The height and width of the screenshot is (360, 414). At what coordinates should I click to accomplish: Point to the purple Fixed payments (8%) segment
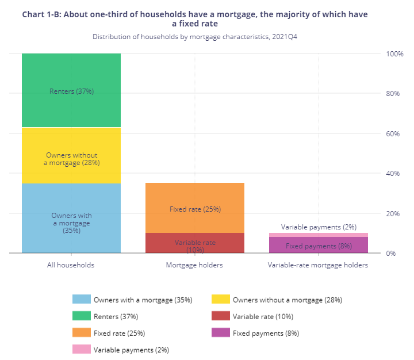click(319, 246)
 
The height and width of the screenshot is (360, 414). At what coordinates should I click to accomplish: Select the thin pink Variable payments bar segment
click(319, 235)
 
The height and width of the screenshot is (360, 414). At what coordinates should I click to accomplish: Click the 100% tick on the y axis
click(394, 54)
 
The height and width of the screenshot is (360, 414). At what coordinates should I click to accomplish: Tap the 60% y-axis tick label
click(393, 134)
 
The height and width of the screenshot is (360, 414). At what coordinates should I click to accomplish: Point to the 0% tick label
click(391, 254)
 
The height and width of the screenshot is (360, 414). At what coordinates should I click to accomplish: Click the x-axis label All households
click(71, 266)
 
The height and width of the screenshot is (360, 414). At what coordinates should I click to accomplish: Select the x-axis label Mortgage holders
click(194, 266)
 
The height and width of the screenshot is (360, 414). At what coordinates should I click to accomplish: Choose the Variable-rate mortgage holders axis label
click(318, 266)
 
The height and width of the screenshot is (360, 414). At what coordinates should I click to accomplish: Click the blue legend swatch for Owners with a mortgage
click(81, 300)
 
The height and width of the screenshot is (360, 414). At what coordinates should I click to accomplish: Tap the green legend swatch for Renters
click(81, 316)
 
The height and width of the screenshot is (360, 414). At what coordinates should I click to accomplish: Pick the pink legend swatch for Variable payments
click(81, 349)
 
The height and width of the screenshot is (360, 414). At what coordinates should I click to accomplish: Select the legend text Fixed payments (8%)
click(266, 333)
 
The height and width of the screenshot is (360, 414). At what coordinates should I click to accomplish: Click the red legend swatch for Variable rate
click(220, 316)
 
